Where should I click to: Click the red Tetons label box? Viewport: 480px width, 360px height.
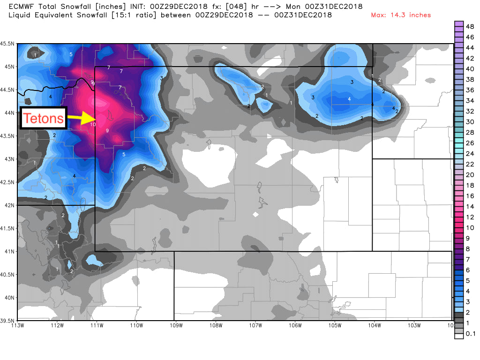[x=44, y=118]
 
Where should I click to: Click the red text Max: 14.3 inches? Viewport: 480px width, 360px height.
[x=401, y=15]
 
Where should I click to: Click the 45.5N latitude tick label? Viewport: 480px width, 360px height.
[x=8, y=44]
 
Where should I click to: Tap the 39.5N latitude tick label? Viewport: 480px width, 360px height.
[x=8, y=321]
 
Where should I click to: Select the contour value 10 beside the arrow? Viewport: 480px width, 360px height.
[x=93, y=124]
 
